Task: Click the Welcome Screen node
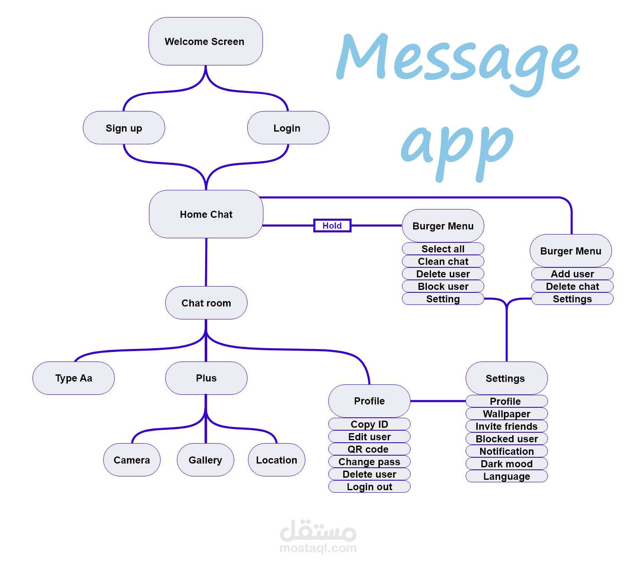coord(205,41)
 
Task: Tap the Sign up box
coord(124,128)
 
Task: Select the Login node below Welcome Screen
coord(288,128)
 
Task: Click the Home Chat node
coord(206,214)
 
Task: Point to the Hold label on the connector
coord(332,225)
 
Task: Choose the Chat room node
coord(206,303)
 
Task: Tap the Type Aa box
coord(74,378)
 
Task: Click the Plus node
coord(206,378)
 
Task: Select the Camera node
coord(131,460)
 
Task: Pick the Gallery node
coord(205,460)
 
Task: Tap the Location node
coord(276,460)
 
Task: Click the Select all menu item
coord(443,249)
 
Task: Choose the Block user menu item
coord(443,286)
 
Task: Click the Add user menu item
coord(572,274)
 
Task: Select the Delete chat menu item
coord(572,286)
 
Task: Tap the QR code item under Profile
coord(369,449)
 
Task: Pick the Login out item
coord(369,486)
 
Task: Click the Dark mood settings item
coord(506,464)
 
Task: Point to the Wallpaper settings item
coord(506,414)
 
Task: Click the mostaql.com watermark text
coord(318,548)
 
